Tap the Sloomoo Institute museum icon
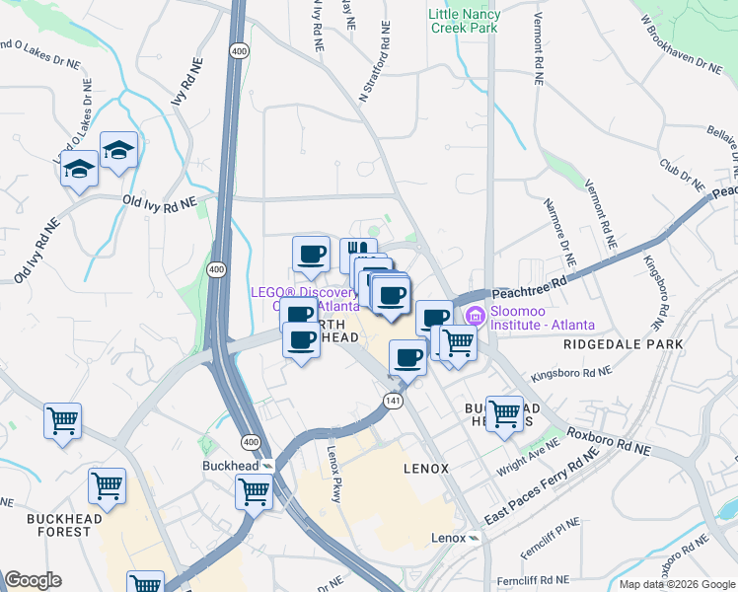475,316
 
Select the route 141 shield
393,398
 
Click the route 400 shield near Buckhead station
244,444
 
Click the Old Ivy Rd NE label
159,200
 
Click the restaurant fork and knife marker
357,254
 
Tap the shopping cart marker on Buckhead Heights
504,412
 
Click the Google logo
33,580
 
